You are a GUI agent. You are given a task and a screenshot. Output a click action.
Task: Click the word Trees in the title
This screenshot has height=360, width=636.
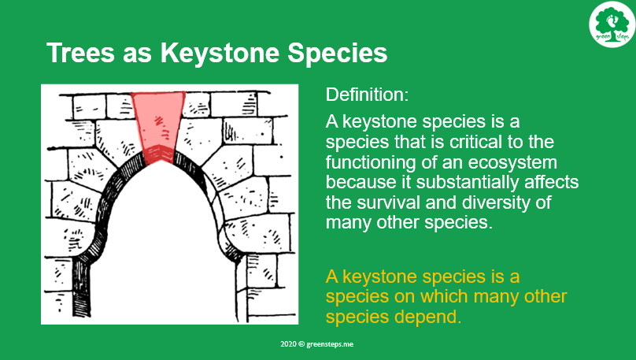(81, 53)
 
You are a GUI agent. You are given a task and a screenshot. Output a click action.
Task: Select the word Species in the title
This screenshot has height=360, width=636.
(338, 53)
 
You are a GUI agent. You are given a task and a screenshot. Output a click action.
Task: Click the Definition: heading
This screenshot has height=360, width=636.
(367, 95)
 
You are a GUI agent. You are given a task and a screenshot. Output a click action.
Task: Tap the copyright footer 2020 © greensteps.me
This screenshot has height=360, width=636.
(316, 344)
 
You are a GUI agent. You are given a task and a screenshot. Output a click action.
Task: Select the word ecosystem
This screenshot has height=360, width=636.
(512, 162)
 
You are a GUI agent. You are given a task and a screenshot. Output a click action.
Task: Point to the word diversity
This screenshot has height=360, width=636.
(497, 202)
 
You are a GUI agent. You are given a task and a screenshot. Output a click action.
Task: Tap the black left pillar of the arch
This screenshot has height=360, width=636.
(81, 288)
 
